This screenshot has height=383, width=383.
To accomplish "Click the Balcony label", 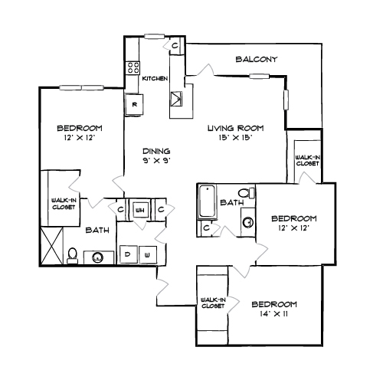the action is pos(256,59).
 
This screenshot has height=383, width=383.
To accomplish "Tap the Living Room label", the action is pos(235,128).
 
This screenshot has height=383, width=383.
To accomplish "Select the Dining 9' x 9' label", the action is pos(156,155).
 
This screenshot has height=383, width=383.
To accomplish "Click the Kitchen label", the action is pos(155,78).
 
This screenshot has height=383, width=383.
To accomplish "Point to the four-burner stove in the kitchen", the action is pos(133,67).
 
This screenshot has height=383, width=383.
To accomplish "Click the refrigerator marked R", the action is pos(134,104).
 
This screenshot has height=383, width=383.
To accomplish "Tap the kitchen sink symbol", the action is pos(176,99).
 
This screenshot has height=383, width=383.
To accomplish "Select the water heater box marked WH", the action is pos(140,210).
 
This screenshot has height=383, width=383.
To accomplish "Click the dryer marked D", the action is pos(129,254).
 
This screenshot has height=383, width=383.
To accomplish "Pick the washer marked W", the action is pos(148,254).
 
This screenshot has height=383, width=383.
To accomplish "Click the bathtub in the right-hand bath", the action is pos(207,201).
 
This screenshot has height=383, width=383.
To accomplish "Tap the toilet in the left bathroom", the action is pos(72,256).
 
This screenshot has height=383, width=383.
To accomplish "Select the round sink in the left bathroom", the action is pos(97,257).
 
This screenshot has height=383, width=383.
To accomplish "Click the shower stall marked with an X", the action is pos(52,246).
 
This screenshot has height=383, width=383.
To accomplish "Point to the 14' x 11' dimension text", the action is pos(273,314).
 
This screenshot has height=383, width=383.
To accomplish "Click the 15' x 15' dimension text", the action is pos(235,138).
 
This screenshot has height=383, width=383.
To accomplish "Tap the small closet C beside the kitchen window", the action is pos(175,46).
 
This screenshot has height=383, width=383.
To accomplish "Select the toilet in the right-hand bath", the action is pos(247,193).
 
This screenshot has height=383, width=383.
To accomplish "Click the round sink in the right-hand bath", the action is pos(247,222).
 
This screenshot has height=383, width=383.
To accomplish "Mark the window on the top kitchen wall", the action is pos(154,37).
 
